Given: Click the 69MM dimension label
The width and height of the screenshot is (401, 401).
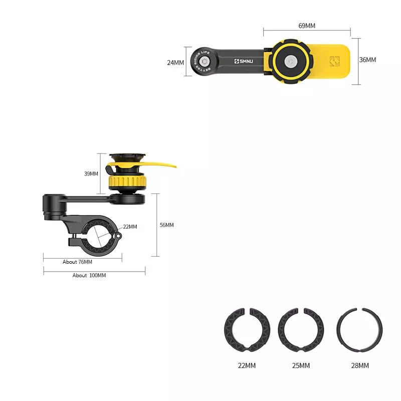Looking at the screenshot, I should [307, 26].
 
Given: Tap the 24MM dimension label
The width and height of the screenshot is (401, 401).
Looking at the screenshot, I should [175, 63].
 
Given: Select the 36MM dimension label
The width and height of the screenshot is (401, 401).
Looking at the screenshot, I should [367, 60].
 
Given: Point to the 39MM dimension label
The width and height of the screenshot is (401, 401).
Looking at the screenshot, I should [91, 174].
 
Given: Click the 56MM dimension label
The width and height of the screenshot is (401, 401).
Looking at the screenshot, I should [166, 225].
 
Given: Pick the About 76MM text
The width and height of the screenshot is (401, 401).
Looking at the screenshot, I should [77, 262].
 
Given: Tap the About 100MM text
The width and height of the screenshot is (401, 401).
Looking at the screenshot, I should [89, 275].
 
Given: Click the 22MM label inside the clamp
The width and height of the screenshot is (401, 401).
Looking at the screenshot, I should [129, 227].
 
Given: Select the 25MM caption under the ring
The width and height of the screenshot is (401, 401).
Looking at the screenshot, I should [301, 365].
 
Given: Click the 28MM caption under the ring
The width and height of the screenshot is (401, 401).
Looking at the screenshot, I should [360, 365].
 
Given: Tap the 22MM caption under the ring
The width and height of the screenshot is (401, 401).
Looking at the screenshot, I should [247, 365].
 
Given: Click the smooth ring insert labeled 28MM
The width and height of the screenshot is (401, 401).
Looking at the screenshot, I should [359, 330].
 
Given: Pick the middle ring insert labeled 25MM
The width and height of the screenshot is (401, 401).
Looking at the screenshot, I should [301, 330].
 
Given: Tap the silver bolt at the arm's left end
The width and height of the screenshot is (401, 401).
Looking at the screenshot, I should [204, 62].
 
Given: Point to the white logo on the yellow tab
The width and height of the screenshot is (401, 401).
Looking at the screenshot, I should [334, 62].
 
